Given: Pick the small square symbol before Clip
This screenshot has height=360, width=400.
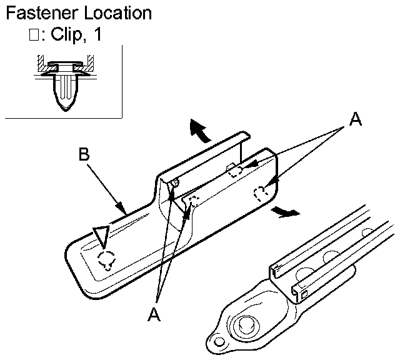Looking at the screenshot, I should (33, 36).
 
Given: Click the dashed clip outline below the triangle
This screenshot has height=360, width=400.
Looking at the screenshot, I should (108, 258).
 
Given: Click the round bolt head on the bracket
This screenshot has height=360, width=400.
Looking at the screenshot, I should (243, 326).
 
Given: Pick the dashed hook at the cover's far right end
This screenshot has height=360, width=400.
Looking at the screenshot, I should (261, 193).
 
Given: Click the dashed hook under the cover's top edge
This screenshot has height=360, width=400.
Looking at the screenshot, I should (234, 170).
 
